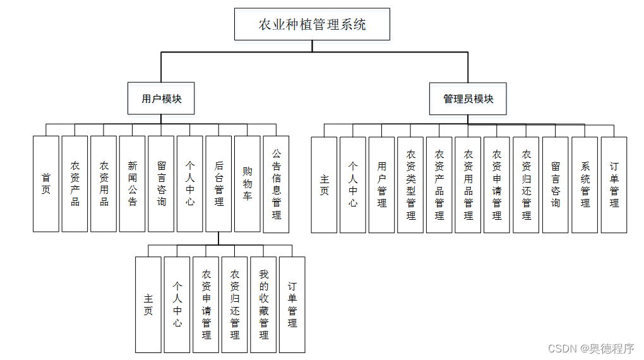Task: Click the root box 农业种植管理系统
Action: [312, 25]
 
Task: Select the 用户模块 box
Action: [161, 99]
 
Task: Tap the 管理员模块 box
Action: [468, 99]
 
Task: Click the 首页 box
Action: [46, 184]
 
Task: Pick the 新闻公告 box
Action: [133, 184]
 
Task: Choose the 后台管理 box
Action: [218, 184]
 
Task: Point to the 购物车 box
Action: [247, 184]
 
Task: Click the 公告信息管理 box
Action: [277, 184]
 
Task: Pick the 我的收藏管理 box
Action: [263, 304]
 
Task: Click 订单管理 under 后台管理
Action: [292, 304]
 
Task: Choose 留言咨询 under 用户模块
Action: [161, 184]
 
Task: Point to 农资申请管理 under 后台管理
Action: [206, 304]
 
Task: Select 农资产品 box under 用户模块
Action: [75, 184]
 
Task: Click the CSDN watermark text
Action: [591, 349]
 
